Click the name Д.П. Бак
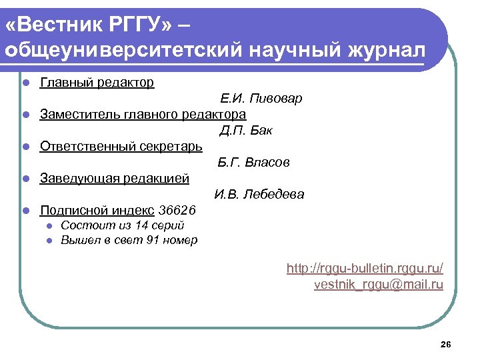coord(246,130)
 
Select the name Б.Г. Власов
coord(253,162)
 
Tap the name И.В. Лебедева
coord(259,195)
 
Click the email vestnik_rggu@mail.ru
coord(378,285)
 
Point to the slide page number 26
coord(446,344)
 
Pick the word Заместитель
coord(81,114)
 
